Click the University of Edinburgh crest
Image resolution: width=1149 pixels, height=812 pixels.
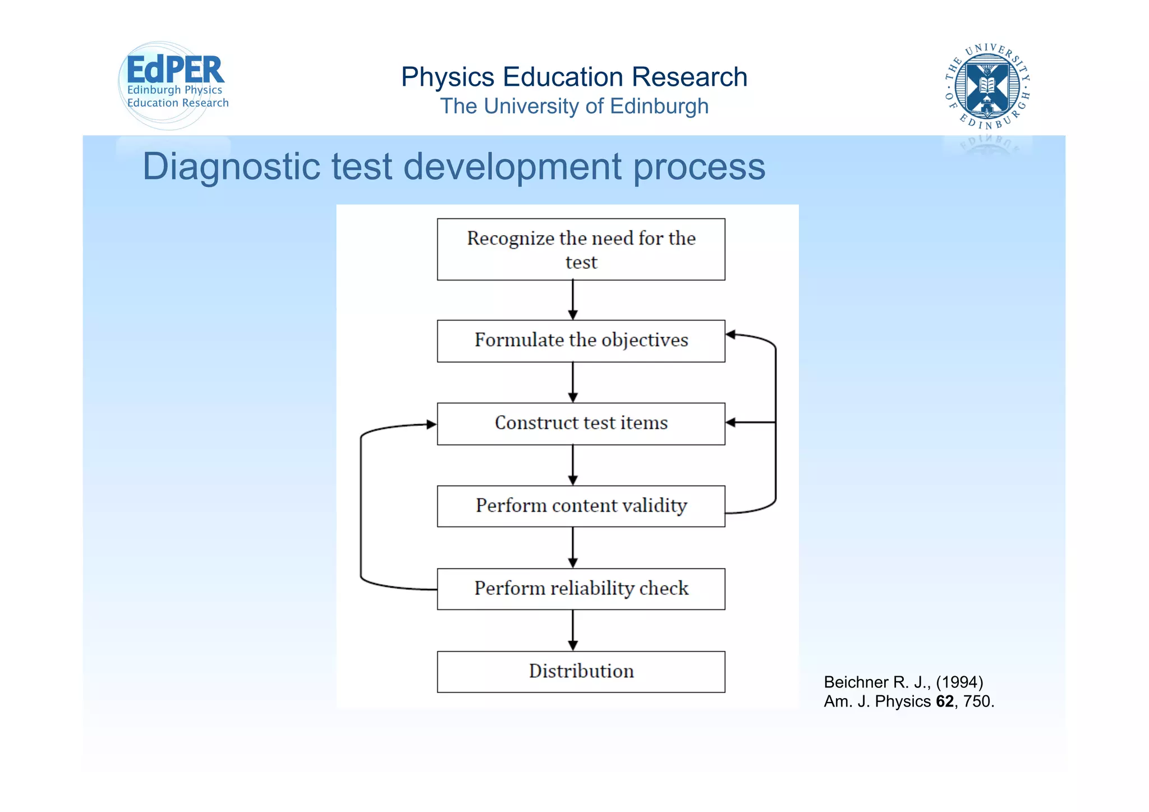pyautogui.click(x=987, y=86)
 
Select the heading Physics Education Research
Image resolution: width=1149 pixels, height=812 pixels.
pyautogui.click(x=574, y=77)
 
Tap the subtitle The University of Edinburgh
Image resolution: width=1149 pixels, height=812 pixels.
pyautogui.click(x=574, y=106)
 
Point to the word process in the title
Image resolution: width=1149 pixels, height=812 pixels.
pyautogui.click(x=698, y=167)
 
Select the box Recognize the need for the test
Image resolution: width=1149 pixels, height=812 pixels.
pyautogui.click(x=581, y=249)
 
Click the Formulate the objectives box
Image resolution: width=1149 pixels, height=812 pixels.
pyautogui.click(x=581, y=341)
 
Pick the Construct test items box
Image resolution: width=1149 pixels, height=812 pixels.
pyautogui.click(x=581, y=423)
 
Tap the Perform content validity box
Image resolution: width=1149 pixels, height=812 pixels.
pyautogui.click(x=581, y=506)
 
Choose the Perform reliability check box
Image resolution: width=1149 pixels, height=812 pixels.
pyautogui.click(x=581, y=589)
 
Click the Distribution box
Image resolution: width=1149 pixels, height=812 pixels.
pyautogui.click(x=581, y=671)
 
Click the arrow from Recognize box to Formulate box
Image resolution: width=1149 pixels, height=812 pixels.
pyautogui.click(x=573, y=300)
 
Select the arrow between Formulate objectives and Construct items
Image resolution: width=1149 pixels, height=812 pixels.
pyautogui.click(x=573, y=382)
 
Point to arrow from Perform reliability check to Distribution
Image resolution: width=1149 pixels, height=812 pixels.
pyautogui.click(x=573, y=630)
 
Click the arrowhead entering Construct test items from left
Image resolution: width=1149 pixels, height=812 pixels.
pyautogui.click(x=431, y=424)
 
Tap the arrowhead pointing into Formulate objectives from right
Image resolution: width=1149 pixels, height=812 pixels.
pyautogui.click(x=731, y=334)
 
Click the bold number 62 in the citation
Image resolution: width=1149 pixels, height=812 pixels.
pyautogui.click(x=945, y=701)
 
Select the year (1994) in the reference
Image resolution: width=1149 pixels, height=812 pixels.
pyautogui.click(x=959, y=682)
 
